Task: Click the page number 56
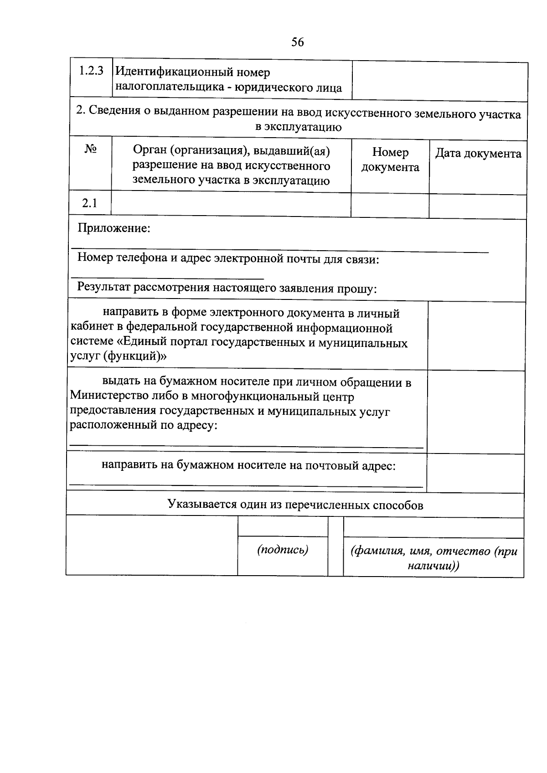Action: coord(297,42)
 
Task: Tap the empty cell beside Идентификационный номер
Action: coord(440,81)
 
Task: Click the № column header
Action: coord(90,149)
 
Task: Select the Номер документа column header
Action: coord(390,160)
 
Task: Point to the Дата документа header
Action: coord(478,154)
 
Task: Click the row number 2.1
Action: coord(90,203)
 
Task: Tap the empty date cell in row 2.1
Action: coord(477,205)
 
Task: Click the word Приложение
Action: coord(114,227)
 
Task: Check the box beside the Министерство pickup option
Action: coord(476,411)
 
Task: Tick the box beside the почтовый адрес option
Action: coord(475,473)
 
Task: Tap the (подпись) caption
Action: coord(283,550)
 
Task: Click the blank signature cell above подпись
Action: coord(283,527)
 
